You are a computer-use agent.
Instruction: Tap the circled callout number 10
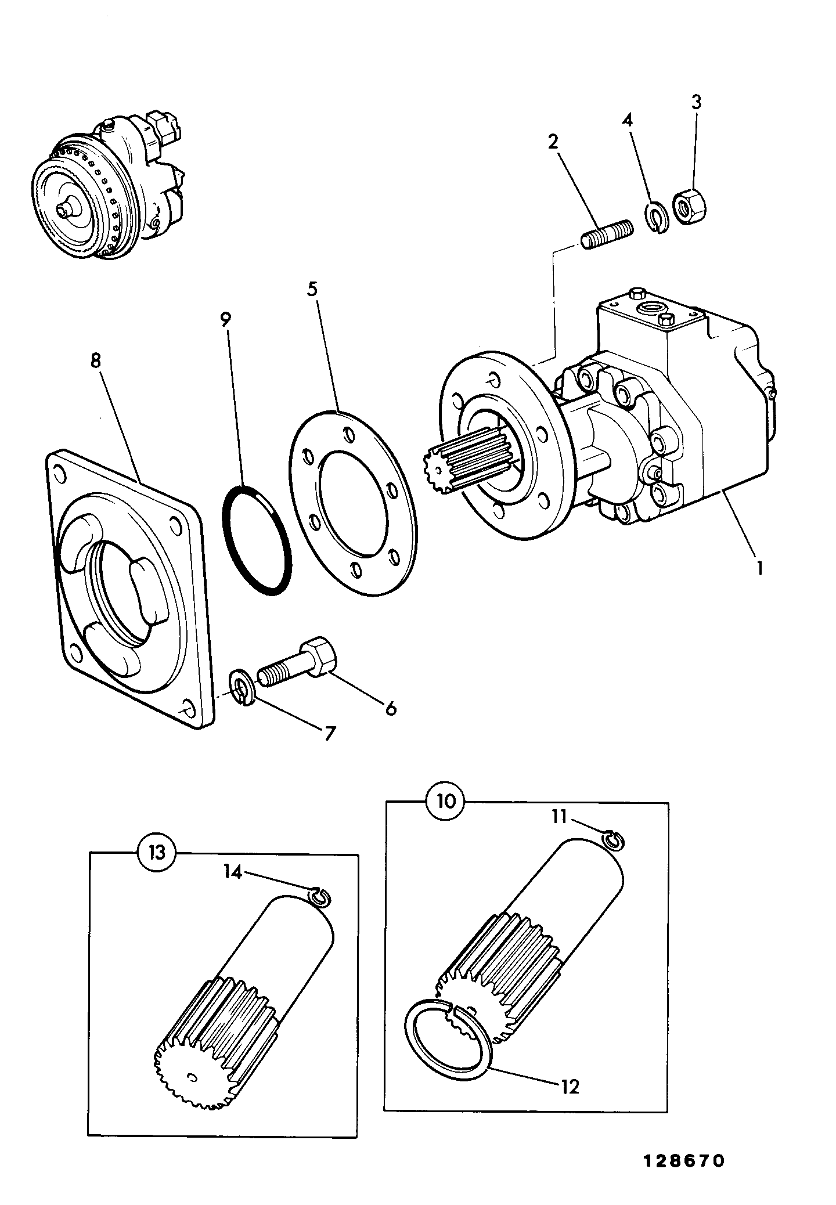pyautogui.click(x=446, y=802)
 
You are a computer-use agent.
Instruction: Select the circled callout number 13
pyautogui.click(x=156, y=853)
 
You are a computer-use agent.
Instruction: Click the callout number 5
pyautogui.click(x=313, y=289)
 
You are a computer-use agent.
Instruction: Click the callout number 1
pyautogui.click(x=758, y=567)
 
